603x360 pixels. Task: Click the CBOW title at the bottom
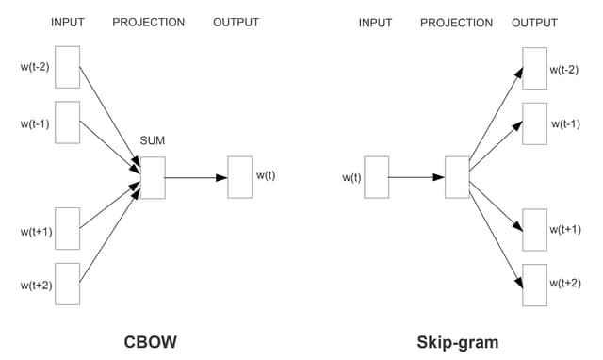pos(152,341)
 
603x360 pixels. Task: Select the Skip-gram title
pos(457,341)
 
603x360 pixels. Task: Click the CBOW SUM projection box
pos(153,177)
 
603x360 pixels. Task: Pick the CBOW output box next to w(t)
pos(239,177)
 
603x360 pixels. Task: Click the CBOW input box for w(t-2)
pos(67,66)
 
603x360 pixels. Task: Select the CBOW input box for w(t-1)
pos(67,123)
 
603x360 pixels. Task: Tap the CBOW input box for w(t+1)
pos(67,229)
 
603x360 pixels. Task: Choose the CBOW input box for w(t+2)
pos(67,284)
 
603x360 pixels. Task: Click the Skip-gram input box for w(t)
pos(376,177)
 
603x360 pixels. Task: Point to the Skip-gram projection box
pos(457,177)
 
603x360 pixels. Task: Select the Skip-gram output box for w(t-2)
pos(534,68)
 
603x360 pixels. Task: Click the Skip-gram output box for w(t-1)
pos(534,123)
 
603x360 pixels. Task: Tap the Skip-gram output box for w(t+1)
pos(534,229)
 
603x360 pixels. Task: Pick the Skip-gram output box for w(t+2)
pos(534,284)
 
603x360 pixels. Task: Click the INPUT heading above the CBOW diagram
pos(67,22)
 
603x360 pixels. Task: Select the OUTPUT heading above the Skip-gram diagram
pos(534,22)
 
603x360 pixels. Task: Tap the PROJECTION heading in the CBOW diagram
pos(148,22)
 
